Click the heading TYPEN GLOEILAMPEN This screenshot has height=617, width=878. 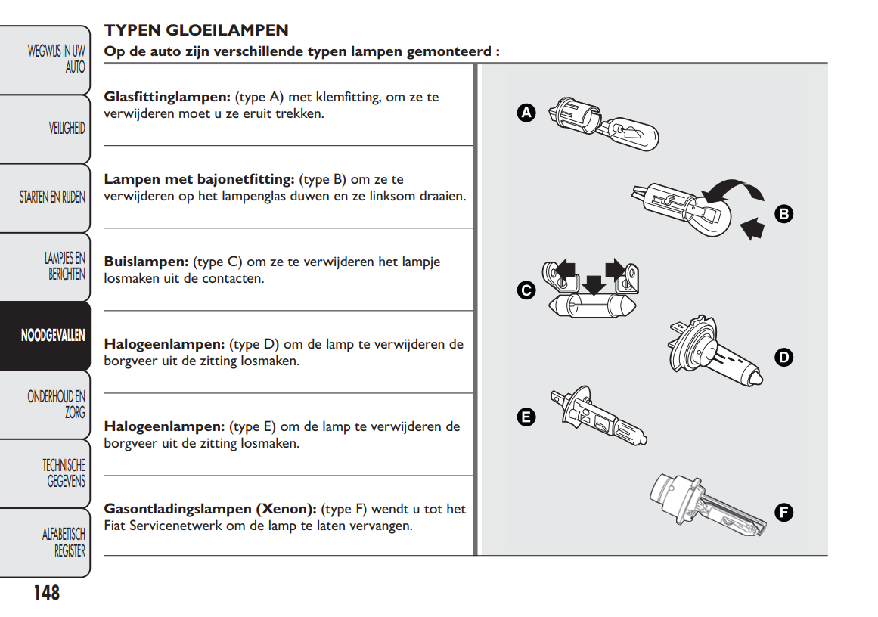coord(197,31)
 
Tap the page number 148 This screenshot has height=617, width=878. coord(46,593)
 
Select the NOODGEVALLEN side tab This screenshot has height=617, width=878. coord(53,336)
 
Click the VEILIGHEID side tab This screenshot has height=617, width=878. coord(67,129)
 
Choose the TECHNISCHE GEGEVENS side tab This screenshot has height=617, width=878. coord(64,473)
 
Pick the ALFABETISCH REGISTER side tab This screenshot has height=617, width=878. coord(64,543)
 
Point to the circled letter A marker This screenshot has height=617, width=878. coord(526,113)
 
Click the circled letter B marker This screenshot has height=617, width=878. coord(784,214)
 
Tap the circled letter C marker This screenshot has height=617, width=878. coord(526,290)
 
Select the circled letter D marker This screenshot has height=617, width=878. coord(784,357)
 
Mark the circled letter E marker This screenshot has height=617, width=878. coord(526,416)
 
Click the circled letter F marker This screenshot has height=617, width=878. coord(784,513)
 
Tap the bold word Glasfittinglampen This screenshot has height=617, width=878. coord(167,98)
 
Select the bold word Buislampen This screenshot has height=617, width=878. coord(146,262)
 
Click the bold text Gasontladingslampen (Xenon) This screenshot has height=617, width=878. coord(210,509)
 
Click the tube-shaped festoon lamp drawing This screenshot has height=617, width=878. coord(591,306)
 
